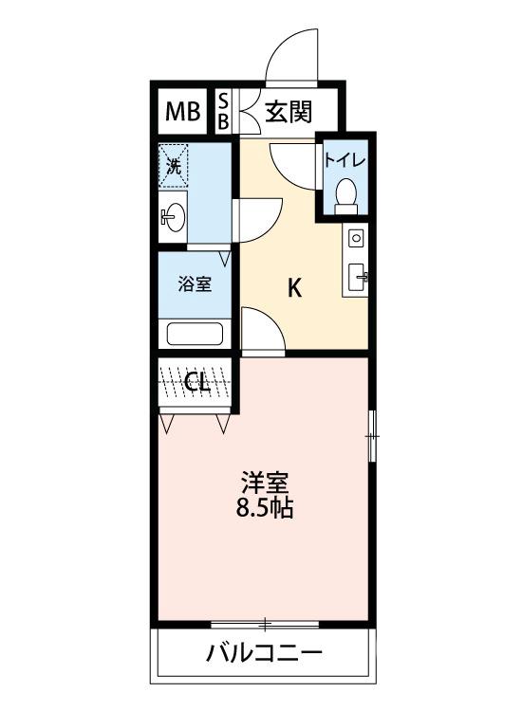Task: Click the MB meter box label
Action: (x=184, y=113)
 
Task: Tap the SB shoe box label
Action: (x=224, y=113)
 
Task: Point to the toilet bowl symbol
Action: (x=345, y=193)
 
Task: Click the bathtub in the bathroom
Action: (x=195, y=334)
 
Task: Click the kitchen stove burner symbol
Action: (x=356, y=237)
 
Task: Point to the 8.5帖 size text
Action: (x=264, y=509)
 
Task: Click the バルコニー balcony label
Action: (x=263, y=654)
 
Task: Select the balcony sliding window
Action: (x=265, y=624)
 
